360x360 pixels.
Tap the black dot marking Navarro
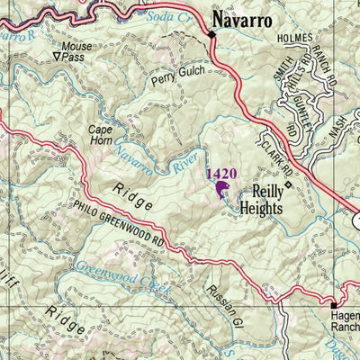pos(212,34)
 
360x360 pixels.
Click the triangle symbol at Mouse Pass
pos(58,56)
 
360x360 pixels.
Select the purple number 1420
pos(221,173)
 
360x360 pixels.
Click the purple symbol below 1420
pos(221,189)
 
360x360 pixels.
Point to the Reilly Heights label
pos(262,199)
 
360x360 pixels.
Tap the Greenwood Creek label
pos(111,272)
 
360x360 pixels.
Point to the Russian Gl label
pos(220,304)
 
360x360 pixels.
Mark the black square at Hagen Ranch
pos(330,305)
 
